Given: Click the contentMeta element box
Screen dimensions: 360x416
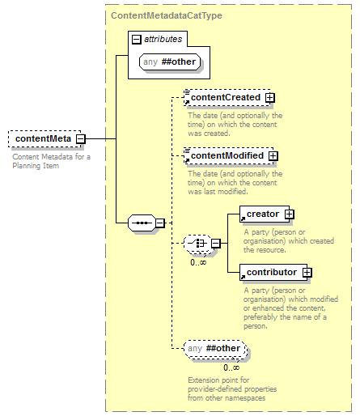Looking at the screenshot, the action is (44, 139).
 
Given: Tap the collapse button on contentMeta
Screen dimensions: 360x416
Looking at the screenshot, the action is (80, 139).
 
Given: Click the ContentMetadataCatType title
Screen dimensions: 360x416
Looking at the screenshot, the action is (167, 15).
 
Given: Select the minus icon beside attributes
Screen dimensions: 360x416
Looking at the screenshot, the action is (136, 40).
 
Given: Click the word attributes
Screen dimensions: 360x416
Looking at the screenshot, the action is (163, 39).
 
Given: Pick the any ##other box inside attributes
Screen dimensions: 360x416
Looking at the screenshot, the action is (170, 62).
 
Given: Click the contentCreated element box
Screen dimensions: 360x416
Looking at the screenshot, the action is (227, 97).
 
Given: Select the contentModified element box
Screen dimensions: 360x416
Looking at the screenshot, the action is (229, 155).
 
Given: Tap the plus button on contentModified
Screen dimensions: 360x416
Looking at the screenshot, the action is (273, 156).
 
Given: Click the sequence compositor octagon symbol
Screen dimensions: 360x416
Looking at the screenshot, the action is (142, 223).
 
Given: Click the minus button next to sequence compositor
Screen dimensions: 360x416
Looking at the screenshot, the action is (160, 223).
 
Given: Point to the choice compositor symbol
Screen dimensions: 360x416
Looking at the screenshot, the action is (197, 244).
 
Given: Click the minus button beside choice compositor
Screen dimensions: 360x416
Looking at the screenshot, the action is (216, 244).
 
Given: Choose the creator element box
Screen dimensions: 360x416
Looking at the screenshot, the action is (265, 214).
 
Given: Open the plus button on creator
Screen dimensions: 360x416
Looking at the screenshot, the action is (289, 214).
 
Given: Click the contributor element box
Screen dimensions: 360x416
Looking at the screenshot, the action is (273, 272).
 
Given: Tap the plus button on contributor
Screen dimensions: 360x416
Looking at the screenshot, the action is (307, 273).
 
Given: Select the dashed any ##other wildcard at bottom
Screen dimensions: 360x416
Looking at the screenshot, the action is (215, 349).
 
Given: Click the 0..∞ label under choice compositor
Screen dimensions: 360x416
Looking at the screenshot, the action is (198, 262).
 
